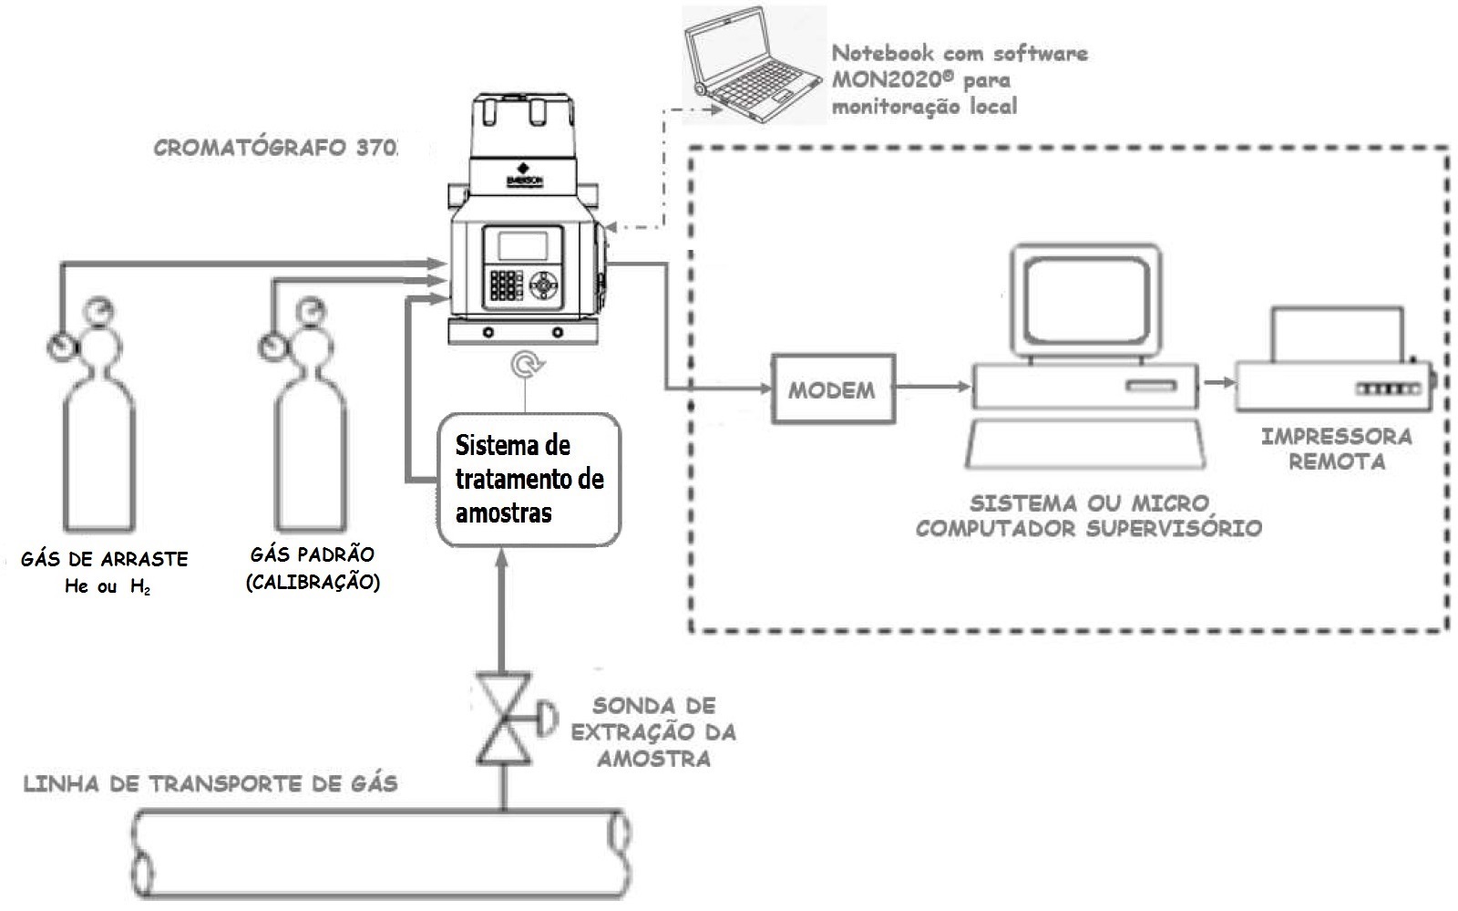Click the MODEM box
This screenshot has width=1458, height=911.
click(833, 389)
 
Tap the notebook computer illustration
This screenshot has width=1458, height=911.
click(755, 64)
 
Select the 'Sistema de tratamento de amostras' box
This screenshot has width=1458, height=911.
click(529, 480)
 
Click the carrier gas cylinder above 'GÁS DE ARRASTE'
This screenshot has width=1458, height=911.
click(97, 416)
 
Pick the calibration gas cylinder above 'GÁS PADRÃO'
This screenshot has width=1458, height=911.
click(309, 416)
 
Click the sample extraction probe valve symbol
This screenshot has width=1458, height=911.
click(505, 719)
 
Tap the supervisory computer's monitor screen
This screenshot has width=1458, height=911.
click(1086, 301)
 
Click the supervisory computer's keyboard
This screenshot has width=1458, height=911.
click(1085, 444)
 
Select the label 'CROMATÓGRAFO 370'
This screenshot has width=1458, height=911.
click(275, 148)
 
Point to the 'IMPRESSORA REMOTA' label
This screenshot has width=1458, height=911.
click(1337, 449)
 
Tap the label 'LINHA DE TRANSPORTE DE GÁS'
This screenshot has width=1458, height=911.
click(210, 783)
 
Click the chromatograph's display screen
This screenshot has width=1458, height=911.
click(523, 246)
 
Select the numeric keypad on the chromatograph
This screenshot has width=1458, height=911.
click(507, 285)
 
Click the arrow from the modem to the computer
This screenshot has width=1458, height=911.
click(933, 387)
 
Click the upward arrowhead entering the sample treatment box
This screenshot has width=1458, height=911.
click(501, 559)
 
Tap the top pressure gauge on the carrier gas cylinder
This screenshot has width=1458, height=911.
click(99, 311)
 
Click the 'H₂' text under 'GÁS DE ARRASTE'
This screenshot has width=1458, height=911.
click(140, 587)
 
